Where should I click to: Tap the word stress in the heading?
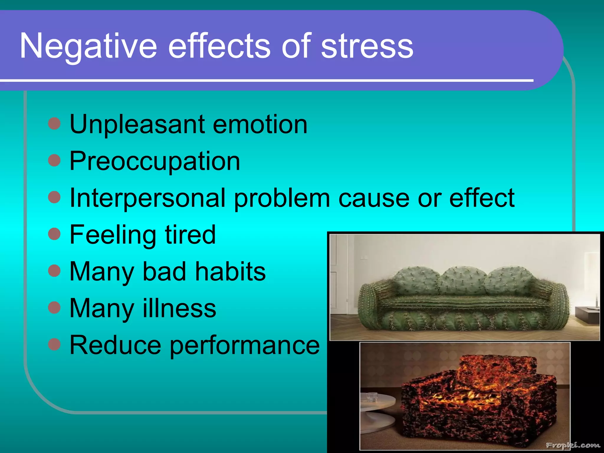[x=367, y=47]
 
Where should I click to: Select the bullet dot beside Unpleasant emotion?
[x=54, y=124]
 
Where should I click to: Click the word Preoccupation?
[x=155, y=161]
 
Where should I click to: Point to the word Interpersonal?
[x=147, y=198]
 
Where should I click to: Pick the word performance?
[x=245, y=346]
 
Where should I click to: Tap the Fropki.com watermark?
[x=572, y=445]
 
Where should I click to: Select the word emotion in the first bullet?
[x=260, y=124]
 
